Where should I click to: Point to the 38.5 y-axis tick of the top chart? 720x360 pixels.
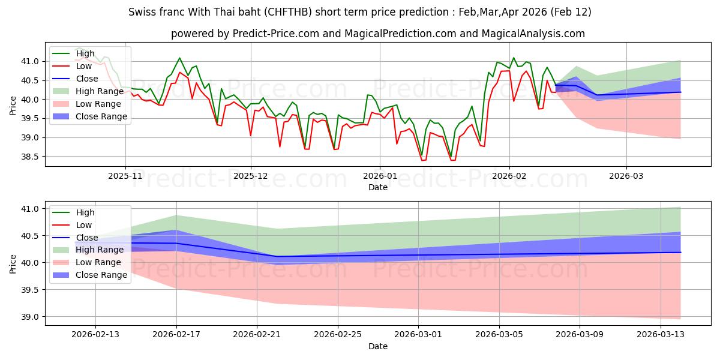(x=31, y=157)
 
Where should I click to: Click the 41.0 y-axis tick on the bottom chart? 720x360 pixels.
(x=31, y=209)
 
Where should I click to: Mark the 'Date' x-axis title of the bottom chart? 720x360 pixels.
(x=378, y=346)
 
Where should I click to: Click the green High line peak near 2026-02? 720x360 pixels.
(x=513, y=58)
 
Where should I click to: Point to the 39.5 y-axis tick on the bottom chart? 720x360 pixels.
(x=31, y=290)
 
